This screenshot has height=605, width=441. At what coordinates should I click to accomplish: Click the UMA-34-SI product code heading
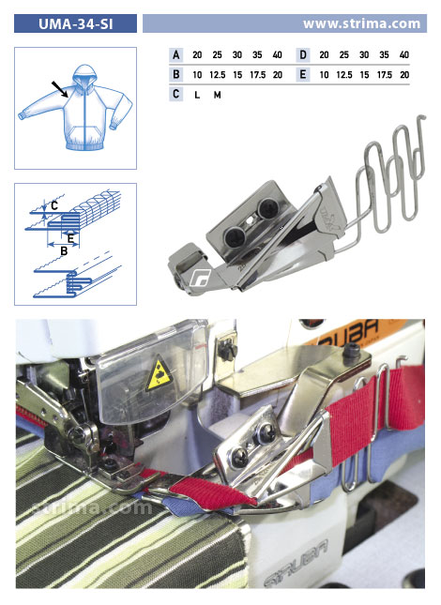click(x=76, y=24)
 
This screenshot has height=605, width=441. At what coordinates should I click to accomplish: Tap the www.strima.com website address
click(x=361, y=23)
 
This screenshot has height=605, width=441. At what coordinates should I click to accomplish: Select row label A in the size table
click(x=176, y=54)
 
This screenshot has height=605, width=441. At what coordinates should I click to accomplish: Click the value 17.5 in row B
click(x=257, y=75)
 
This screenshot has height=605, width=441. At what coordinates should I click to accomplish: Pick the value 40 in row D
click(x=404, y=54)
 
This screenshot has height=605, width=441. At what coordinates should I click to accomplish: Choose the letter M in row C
click(x=218, y=95)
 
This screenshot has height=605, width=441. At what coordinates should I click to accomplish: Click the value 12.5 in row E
click(x=344, y=75)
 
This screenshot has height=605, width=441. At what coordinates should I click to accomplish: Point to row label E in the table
click(x=303, y=74)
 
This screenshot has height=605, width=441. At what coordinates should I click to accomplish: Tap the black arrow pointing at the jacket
click(x=60, y=89)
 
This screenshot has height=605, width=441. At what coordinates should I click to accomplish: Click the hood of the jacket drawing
click(x=84, y=78)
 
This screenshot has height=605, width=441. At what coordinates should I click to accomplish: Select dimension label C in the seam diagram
click(x=54, y=205)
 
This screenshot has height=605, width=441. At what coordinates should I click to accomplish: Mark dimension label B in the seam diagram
click(x=64, y=251)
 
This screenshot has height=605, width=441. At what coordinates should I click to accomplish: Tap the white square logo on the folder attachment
click(x=200, y=277)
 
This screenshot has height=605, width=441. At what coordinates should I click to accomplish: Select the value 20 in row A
click(x=197, y=54)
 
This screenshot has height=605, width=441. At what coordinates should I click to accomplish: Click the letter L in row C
click(x=197, y=95)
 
